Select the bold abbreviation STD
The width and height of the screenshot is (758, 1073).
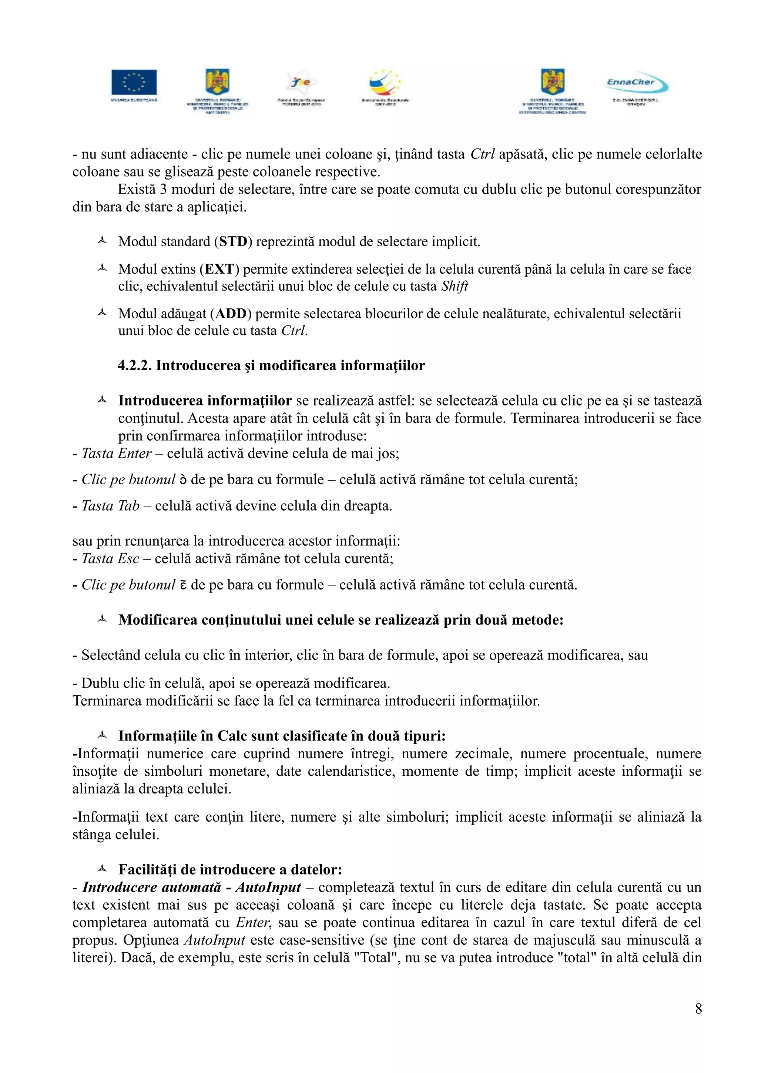point(234,242)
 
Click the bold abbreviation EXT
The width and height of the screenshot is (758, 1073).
point(219,269)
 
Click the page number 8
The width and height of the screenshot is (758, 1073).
point(698,1009)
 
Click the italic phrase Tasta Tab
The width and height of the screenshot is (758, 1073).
point(111,506)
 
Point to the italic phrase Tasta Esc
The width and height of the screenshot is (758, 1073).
point(111,559)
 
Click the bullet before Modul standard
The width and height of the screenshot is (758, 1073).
point(102,241)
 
